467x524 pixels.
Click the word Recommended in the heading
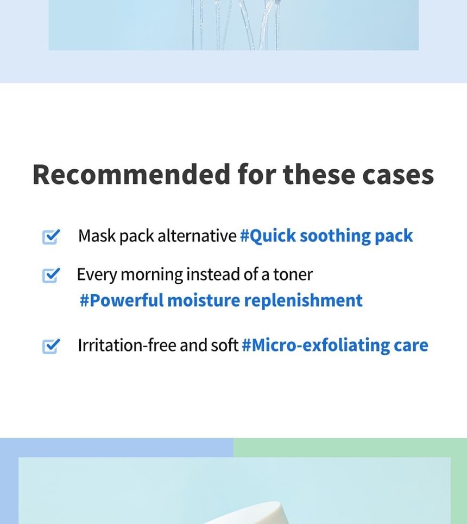131,174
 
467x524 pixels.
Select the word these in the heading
319,174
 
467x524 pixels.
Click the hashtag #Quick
268,236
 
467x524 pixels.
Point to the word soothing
335,236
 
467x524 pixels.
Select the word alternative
197,235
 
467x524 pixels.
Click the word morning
152,275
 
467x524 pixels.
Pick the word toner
293,274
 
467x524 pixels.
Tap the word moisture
204,300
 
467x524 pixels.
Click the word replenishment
304,301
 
